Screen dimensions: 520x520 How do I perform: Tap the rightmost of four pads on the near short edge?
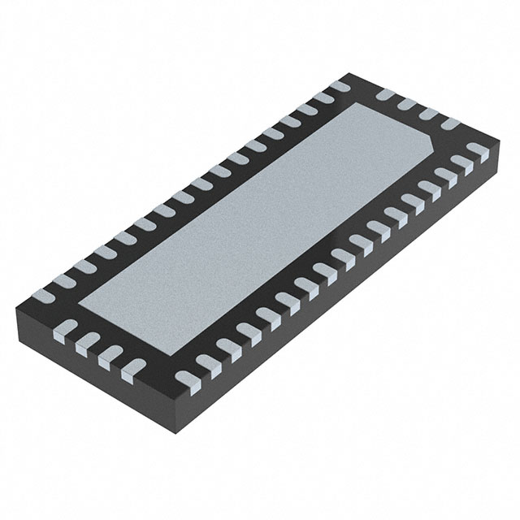coord(130,370)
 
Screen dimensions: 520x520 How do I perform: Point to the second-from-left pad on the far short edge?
coord(407,106)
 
